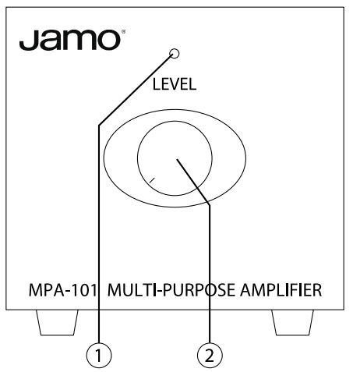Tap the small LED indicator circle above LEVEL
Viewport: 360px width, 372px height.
click(x=175, y=55)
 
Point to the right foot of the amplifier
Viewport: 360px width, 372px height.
click(x=292, y=321)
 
